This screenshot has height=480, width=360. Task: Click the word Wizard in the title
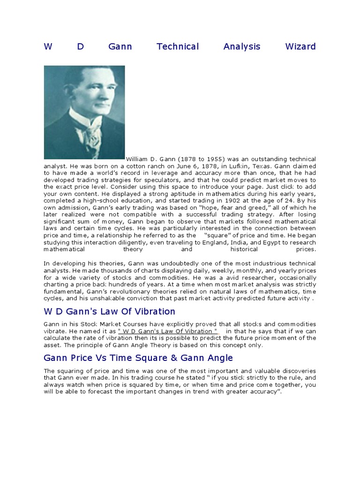[300, 46]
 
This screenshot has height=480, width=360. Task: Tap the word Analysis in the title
[242, 46]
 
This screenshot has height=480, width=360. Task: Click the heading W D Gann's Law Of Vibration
[109, 312]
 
